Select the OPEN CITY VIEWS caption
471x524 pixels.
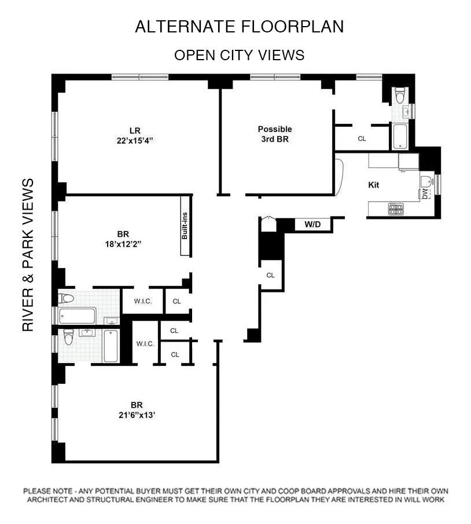[x=239, y=55]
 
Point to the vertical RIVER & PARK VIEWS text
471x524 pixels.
[x=28, y=255]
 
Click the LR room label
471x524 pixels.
[x=135, y=130]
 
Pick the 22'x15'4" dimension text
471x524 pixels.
[x=135, y=140]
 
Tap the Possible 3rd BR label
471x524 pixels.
[x=275, y=134]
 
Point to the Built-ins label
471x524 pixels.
[x=186, y=226]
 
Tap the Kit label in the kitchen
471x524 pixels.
[x=374, y=185]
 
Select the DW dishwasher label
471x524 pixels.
[x=425, y=194]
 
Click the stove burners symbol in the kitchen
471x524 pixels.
[x=396, y=208]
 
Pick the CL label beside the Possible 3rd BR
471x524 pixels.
[x=362, y=139]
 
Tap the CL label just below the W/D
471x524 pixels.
[x=270, y=276]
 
